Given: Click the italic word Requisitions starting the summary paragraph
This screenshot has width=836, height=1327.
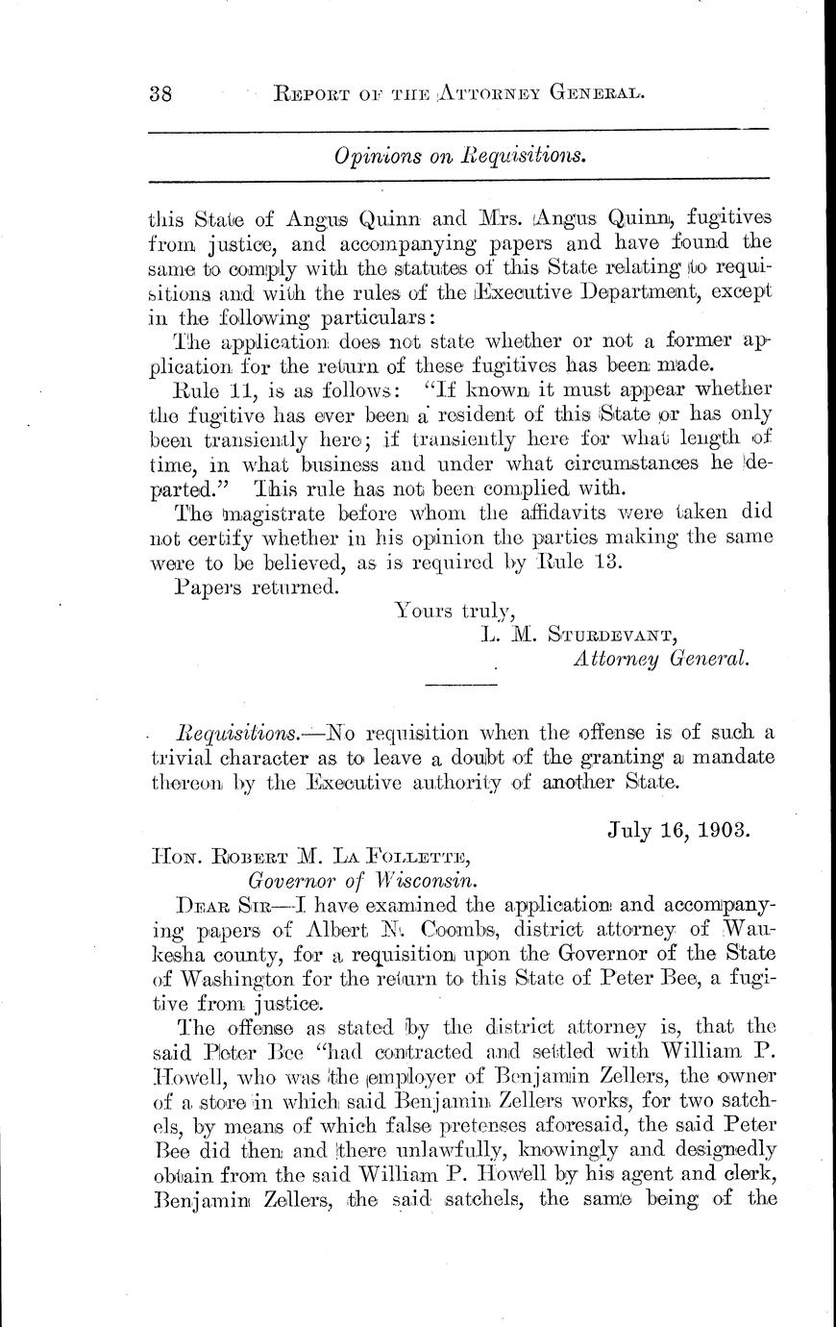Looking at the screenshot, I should click(235, 733).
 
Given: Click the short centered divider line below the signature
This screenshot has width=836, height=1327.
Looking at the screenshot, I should click(460, 685).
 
